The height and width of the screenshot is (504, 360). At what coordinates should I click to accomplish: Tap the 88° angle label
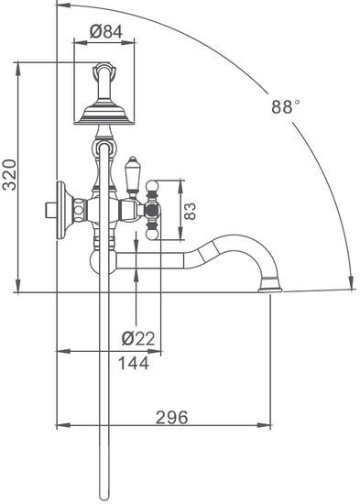286,106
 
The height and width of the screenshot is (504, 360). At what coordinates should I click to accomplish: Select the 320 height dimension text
9,173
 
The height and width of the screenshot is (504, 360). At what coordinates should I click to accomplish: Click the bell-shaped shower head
104,111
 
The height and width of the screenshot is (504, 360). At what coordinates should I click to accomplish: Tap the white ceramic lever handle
131,176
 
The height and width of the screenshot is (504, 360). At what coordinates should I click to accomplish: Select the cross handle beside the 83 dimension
153,211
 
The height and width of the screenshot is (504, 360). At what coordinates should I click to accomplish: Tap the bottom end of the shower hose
103,495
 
